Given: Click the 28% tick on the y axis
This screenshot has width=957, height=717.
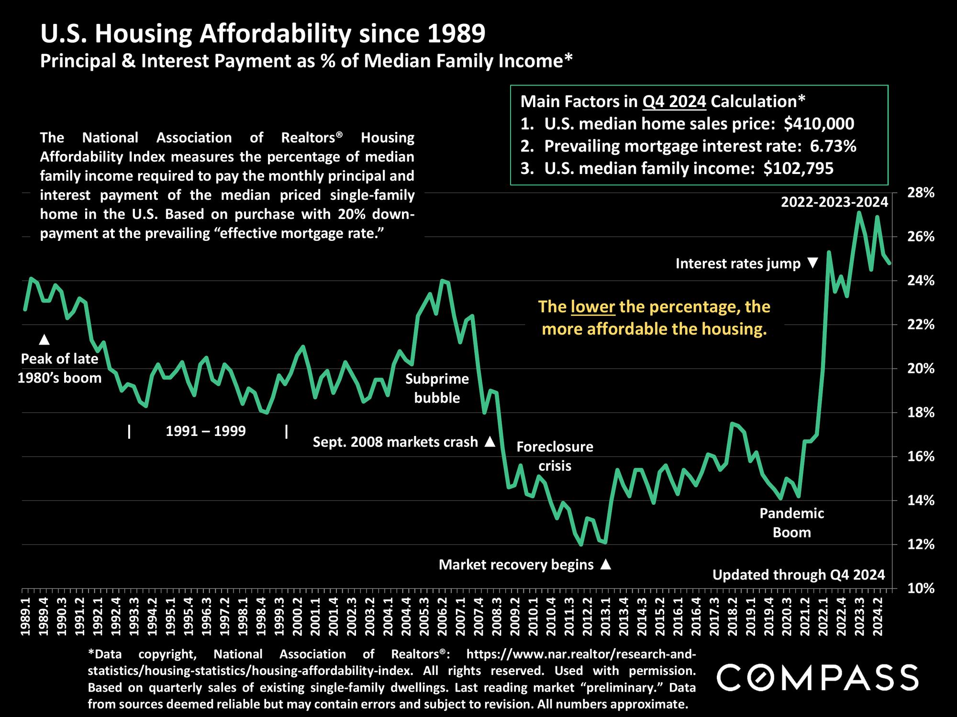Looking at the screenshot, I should point(921,193).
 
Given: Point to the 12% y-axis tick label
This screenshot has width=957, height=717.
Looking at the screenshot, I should point(921,544).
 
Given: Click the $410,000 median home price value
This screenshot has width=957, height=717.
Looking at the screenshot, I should point(819,124).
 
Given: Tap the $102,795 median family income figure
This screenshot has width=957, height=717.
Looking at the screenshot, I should point(798,168).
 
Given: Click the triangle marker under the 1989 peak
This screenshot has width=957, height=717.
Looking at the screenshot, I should point(44,339).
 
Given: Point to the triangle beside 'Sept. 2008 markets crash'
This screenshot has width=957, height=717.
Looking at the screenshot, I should point(490,442).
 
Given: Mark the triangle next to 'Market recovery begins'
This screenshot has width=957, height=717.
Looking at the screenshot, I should point(605,565).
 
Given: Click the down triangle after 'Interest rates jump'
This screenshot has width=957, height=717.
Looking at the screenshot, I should point(812,263).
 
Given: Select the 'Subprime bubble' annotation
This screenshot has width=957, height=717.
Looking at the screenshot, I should point(437,388).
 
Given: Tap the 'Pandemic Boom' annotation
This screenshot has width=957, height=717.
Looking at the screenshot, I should point(791,522).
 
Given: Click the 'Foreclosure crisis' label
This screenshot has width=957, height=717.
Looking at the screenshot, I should point(555,456).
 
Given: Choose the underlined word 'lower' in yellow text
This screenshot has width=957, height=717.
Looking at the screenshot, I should point(593,306).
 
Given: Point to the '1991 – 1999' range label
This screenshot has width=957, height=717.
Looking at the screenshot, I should point(206,431).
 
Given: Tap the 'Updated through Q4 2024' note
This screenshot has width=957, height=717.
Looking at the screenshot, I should point(799,575).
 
